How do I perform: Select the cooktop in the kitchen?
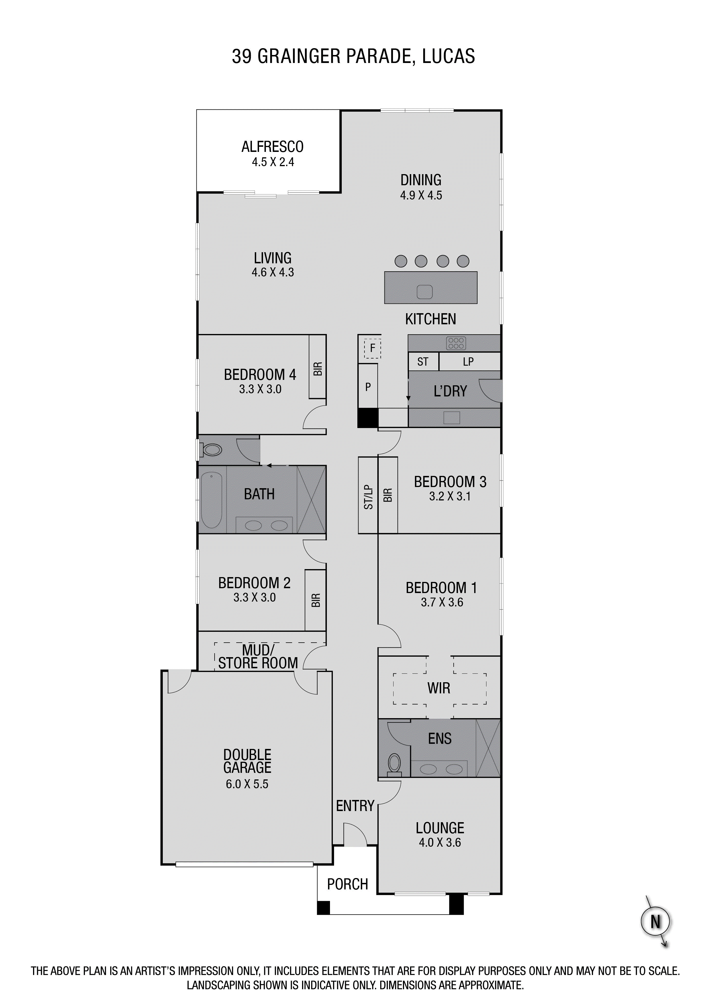pos(456,343)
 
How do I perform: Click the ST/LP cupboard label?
pos(368,497)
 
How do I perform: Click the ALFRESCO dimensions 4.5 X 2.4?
pos(273,162)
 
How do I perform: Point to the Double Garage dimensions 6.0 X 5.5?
pos(247,784)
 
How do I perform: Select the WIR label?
pos(439,688)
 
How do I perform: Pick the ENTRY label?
pos(355,806)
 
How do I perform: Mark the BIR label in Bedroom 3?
pos(388,495)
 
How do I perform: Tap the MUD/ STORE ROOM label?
pos(258,657)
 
